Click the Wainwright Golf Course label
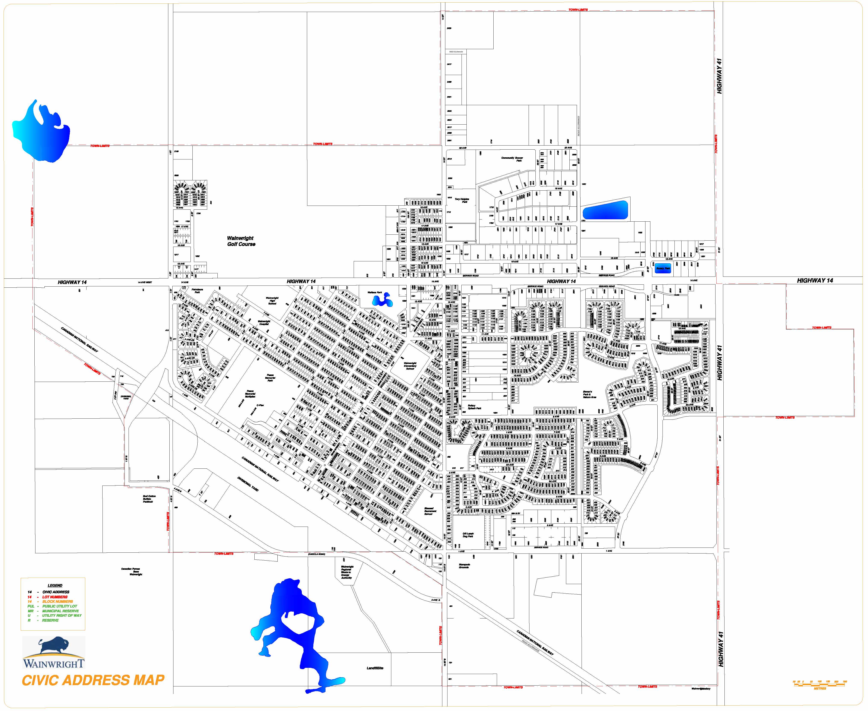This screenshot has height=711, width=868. [241, 241]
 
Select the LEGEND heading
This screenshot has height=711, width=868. [55, 585]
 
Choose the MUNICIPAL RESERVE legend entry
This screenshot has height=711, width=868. [60, 611]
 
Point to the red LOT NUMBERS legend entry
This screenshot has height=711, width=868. [55, 597]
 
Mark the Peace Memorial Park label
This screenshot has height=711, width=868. [270, 378]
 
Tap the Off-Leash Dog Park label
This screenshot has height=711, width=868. [468, 535]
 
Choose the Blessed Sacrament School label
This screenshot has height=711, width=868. [428, 511]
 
